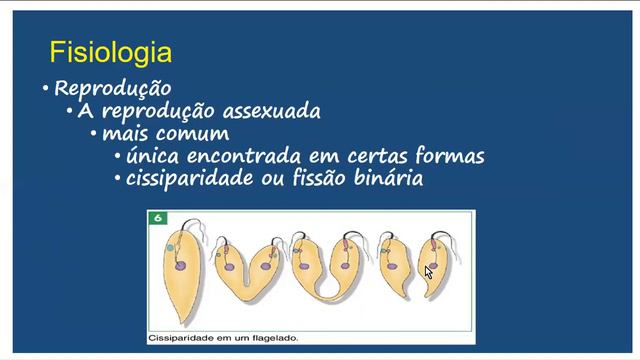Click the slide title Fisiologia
110,52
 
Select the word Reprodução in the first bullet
112,88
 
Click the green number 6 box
157,217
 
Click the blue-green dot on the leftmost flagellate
170,246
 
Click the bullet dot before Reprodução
46,89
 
